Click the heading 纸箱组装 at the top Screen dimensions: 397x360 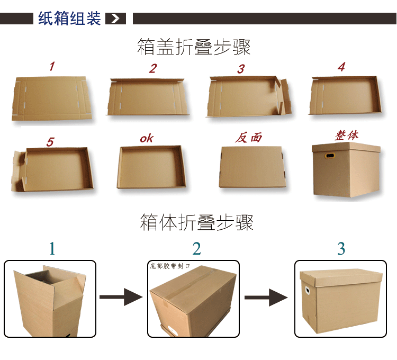point(69,19)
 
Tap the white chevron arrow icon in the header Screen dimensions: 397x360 point(116,19)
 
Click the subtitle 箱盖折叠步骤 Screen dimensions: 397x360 point(194,47)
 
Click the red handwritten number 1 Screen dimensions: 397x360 point(52,67)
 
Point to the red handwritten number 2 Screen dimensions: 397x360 point(153,68)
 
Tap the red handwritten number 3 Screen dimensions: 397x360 point(241,69)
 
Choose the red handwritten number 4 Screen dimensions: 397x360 point(341,67)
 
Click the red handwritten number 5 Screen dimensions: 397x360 point(50,142)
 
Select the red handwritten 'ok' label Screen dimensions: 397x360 point(147,138)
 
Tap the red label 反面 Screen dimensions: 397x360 point(249,138)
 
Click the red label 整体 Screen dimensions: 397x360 point(346,135)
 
